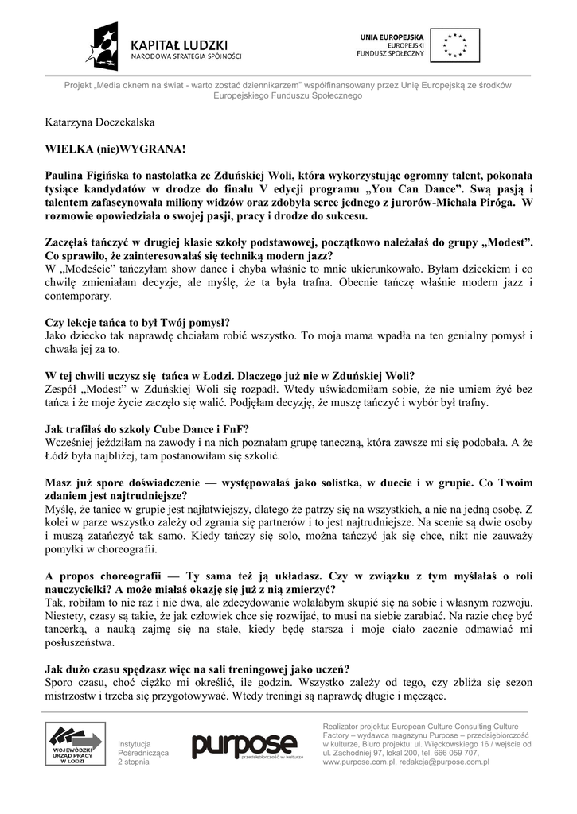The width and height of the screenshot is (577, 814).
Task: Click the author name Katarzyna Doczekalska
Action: pyautogui.click(x=99, y=123)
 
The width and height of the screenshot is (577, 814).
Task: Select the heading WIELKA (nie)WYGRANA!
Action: pyautogui.click(x=115, y=149)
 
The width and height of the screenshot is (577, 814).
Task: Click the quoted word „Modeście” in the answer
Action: pyautogui.click(x=85, y=269)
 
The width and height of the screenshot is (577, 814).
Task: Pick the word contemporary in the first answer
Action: pyautogui.click(x=78, y=296)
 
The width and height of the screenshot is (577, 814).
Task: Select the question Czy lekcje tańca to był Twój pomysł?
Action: pyautogui.click(x=138, y=323)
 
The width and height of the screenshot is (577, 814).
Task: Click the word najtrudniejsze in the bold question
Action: pyautogui.click(x=146, y=496)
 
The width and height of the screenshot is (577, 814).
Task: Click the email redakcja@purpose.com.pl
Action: pyautogui.click(x=449, y=762)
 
